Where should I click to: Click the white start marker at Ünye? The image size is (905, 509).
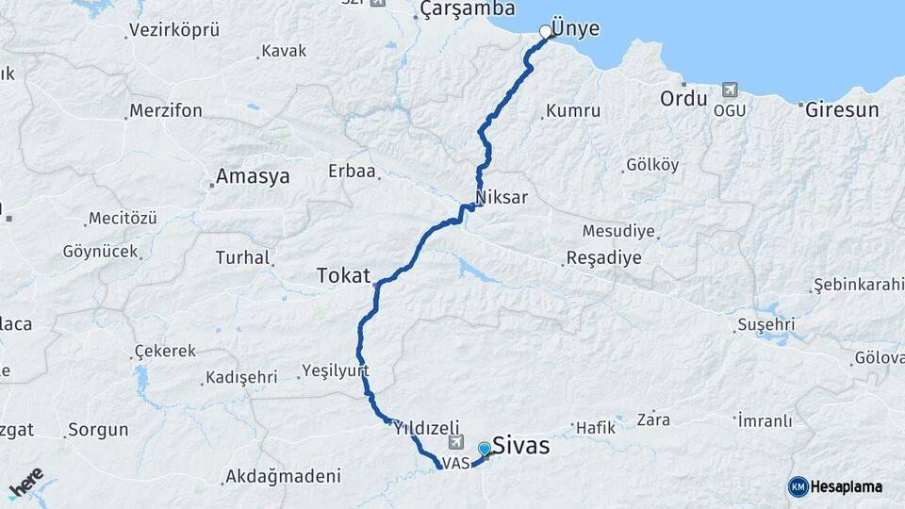pos(545,32)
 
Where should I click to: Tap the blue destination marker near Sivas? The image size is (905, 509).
pos(485,450)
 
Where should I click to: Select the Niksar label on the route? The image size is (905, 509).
pos(502,198)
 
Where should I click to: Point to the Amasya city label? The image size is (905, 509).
pos(253,176)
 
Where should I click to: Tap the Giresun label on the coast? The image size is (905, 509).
pos(842,109)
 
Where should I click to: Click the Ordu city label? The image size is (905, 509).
pos(683,98)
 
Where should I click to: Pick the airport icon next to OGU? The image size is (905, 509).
pos(729,90)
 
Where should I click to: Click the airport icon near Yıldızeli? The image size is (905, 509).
pos(458,441)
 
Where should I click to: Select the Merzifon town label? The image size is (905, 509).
pos(166,110)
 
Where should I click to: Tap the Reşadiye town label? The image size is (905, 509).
pos(603,257)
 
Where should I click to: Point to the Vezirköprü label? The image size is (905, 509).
pos(174,30)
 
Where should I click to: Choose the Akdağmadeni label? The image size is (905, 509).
pos(276,477)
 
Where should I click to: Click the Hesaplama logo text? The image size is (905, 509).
pos(846,486)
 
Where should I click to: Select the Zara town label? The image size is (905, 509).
pos(653,419)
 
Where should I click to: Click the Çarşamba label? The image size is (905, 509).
pos(468,9)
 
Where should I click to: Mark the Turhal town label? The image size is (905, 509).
pos(242,257)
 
